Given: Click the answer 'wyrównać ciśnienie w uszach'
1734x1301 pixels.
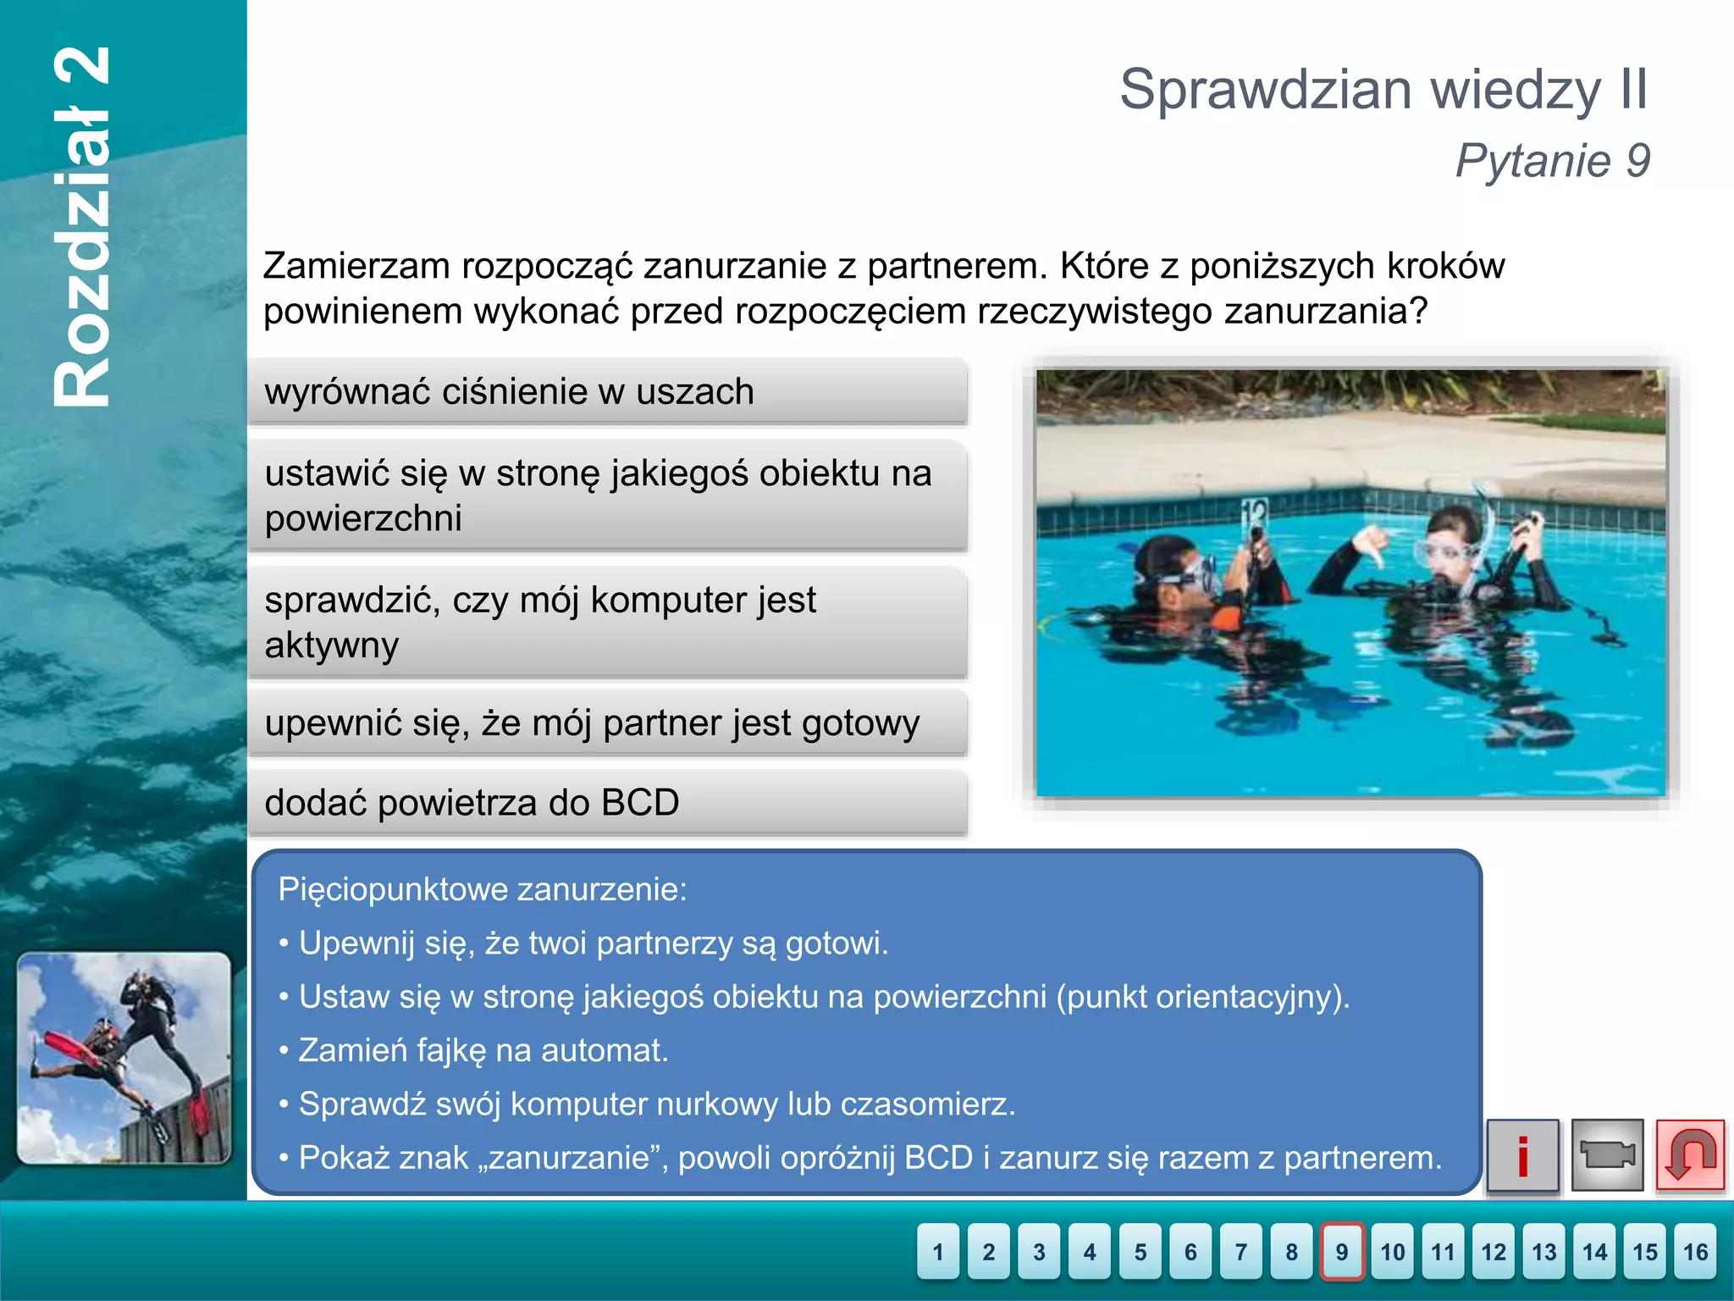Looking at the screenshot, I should point(606,392).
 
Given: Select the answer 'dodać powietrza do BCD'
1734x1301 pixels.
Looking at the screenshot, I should point(606,803).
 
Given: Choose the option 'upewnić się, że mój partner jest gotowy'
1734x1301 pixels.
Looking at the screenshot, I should point(606,723).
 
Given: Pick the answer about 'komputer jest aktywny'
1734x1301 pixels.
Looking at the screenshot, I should point(606,623).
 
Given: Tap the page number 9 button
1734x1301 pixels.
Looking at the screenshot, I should point(1342,1251).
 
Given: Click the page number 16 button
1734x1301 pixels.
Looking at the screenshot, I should point(1695,1251).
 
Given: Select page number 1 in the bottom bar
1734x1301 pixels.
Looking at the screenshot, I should point(938,1251).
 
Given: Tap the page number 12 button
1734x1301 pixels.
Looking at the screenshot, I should point(1494,1251).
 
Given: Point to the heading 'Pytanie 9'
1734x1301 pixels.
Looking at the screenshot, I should point(1553,161).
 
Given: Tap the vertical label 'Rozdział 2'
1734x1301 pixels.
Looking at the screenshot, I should point(83,227).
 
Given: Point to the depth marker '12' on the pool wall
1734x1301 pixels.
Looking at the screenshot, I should point(1254,512).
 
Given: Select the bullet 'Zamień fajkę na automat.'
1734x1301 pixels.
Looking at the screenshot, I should point(483,1050).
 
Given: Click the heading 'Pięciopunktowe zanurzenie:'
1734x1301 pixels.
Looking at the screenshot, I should point(483,889).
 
